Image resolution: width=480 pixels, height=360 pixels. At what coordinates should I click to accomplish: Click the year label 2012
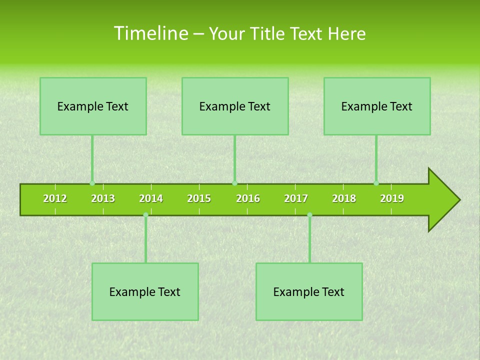pyautogui.click(x=55, y=198)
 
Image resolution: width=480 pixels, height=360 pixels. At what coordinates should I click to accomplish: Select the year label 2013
pyautogui.click(x=103, y=198)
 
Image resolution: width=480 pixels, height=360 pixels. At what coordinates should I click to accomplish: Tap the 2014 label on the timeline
pyautogui.click(x=151, y=198)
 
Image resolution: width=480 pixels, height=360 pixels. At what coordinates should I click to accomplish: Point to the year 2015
pyautogui.click(x=199, y=198)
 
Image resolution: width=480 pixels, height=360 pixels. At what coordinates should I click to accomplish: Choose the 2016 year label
pyautogui.click(x=248, y=198)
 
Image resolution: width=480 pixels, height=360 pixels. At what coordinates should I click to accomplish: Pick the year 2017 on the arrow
pyautogui.click(x=296, y=198)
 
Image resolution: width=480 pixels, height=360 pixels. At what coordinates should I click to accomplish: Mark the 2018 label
pyautogui.click(x=344, y=198)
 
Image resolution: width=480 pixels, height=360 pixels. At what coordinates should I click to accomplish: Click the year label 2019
pyautogui.click(x=392, y=198)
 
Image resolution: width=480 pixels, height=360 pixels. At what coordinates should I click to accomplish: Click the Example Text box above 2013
pyautogui.click(x=93, y=106)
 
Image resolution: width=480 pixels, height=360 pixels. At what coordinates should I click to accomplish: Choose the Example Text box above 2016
pyautogui.click(x=235, y=106)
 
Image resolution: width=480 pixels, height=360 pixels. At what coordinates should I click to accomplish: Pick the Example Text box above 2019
pyautogui.click(x=377, y=106)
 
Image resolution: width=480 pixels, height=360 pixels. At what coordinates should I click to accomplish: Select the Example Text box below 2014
pyautogui.click(x=145, y=291)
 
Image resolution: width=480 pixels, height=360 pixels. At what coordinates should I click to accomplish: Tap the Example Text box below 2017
pyautogui.click(x=309, y=291)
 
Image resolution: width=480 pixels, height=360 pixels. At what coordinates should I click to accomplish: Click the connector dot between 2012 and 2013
pyautogui.click(x=92, y=183)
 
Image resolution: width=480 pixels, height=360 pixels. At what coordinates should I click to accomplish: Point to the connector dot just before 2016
pyautogui.click(x=234, y=183)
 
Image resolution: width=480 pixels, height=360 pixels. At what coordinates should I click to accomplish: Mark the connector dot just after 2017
pyautogui.click(x=309, y=215)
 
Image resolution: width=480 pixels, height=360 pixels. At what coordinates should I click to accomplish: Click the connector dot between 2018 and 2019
pyautogui.click(x=376, y=183)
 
